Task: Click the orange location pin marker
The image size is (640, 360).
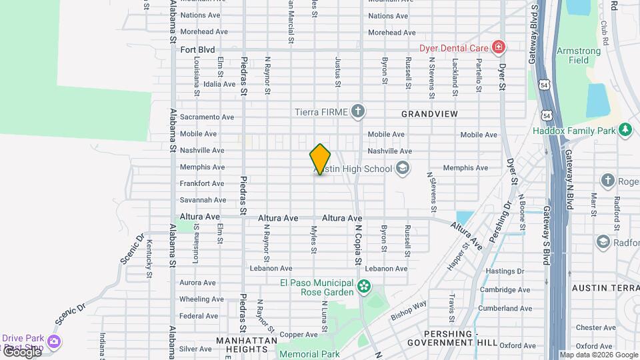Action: [x=320, y=159]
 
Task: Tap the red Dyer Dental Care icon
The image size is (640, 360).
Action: [x=497, y=47]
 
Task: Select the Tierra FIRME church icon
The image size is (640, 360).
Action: [x=358, y=111]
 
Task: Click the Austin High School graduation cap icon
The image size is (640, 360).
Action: [x=402, y=168]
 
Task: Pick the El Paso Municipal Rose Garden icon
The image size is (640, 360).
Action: [x=363, y=287]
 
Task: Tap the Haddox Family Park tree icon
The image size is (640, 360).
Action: [x=625, y=130]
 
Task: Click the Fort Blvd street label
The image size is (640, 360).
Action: [x=197, y=49]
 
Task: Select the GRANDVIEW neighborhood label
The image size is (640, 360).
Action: [x=429, y=115]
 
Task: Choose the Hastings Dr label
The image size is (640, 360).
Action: [x=505, y=271]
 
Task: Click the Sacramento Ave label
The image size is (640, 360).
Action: [x=207, y=117]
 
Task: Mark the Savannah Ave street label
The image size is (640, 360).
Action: [x=203, y=200]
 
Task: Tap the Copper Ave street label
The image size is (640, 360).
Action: [x=299, y=335]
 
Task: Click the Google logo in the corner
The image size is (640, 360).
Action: [x=21, y=352]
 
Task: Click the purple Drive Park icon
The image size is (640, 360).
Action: [x=53, y=342]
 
